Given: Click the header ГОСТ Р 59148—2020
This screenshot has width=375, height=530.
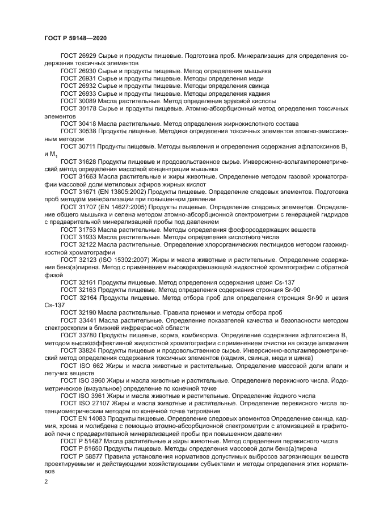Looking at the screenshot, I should coord(75,38).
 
